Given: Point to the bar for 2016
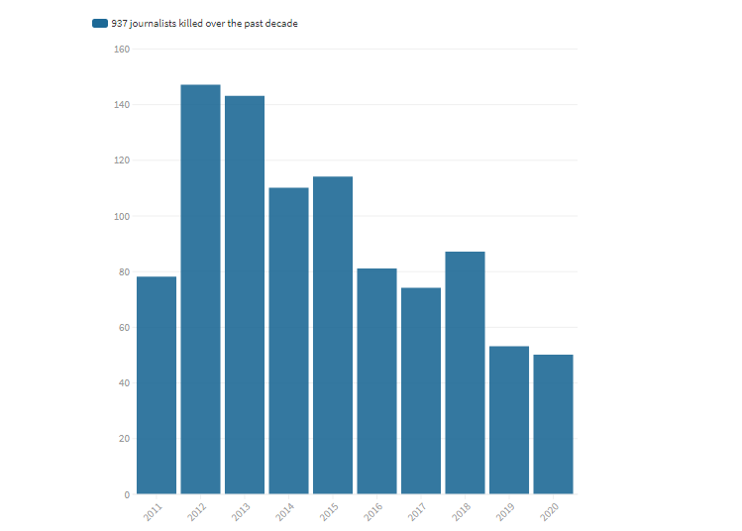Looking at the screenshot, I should click(x=376, y=380).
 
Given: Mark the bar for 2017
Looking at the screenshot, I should click(x=421, y=390).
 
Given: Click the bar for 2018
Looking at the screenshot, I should click(x=465, y=372).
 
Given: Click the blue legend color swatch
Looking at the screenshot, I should click(x=100, y=24).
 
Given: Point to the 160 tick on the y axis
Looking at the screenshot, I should click(x=122, y=49).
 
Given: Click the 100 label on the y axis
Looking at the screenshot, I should click(x=122, y=216).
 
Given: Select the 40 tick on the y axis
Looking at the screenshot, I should click(x=125, y=383).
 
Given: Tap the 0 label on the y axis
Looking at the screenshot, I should click(x=127, y=494).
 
